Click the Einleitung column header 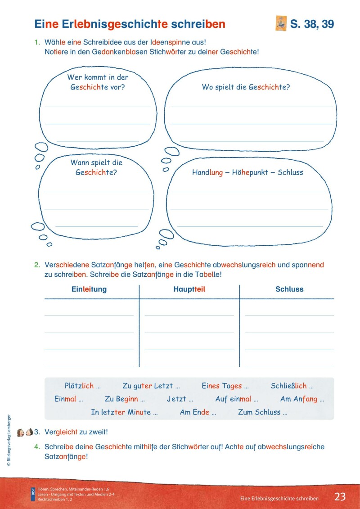[x=89, y=289]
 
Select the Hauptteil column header [x=189, y=289]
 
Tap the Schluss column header [x=289, y=289]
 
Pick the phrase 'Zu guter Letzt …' [x=151, y=386]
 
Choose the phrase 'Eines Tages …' [x=225, y=386]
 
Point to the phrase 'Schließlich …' [x=292, y=386]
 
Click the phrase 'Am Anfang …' [x=302, y=399]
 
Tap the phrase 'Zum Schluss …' [x=262, y=412]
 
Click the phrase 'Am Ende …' [x=198, y=412]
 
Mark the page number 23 [x=340, y=497]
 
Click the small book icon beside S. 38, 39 [x=281, y=24]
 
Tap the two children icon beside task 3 [x=25, y=432]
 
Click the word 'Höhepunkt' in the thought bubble [x=251, y=172]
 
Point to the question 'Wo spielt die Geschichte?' [x=246, y=87]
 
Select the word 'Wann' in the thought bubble [x=81, y=163]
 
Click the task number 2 [x=38, y=265]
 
